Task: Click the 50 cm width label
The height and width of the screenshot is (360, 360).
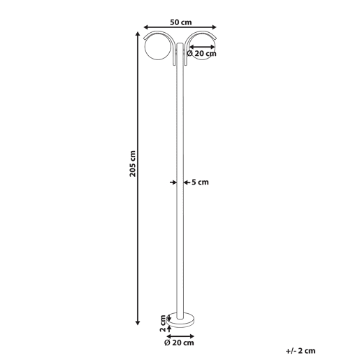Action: click(180, 22)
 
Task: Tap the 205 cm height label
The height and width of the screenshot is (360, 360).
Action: click(133, 164)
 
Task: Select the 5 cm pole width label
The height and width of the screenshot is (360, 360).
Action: click(200, 182)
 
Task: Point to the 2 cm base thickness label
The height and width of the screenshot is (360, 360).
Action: click(163, 323)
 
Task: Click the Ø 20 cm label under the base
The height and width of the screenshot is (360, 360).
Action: click(179, 343)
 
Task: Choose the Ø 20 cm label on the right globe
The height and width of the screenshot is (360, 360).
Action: click(202, 54)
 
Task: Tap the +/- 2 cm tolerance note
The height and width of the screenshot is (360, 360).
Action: click(301, 351)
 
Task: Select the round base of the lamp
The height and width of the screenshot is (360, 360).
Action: click(181, 320)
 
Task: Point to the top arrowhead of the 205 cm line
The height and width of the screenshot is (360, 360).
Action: click(138, 34)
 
